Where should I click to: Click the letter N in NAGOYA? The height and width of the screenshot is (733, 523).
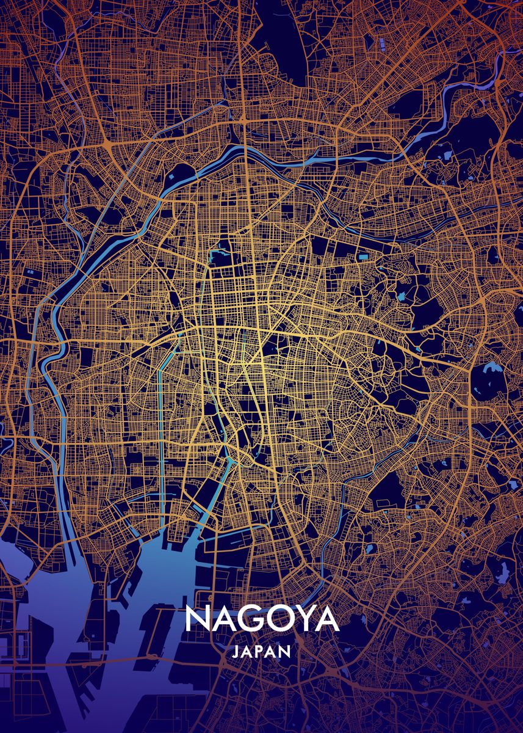click(x=197, y=619)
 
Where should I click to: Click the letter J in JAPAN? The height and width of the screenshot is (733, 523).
click(x=236, y=652)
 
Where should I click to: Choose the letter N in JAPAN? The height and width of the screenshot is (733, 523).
click(x=284, y=652)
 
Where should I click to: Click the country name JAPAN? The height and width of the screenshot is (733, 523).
click(x=261, y=652)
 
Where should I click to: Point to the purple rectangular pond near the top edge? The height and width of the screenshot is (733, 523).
click(x=383, y=44)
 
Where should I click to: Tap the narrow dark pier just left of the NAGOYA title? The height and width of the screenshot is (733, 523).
click(x=150, y=635)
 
